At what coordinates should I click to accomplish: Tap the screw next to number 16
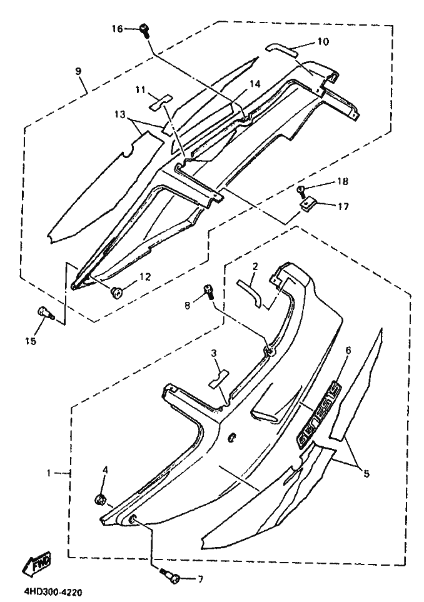point(144,29)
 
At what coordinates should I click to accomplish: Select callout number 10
point(323,42)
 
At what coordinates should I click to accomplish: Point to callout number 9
point(79,71)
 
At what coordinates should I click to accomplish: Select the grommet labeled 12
point(116,291)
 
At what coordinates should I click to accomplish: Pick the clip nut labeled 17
point(308,206)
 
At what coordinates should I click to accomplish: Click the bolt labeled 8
point(208,291)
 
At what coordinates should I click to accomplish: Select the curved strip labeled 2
point(250,291)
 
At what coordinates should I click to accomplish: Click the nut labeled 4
point(99,500)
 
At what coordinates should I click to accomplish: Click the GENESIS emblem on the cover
point(318,415)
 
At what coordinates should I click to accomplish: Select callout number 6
point(348,352)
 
